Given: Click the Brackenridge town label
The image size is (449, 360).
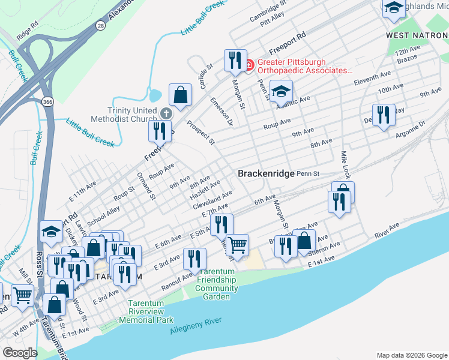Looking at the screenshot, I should pyautogui.click(x=266, y=173).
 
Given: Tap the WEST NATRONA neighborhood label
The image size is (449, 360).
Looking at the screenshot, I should pyautogui.click(x=417, y=36).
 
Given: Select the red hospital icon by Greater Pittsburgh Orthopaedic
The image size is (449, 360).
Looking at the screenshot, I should pyautogui.click(x=252, y=64).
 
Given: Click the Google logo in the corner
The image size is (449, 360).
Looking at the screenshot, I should pyautogui.click(x=20, y=353).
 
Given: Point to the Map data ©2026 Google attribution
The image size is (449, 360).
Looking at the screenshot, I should pyautogui.click(x=411, y=355).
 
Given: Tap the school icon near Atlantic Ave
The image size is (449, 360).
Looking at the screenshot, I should pyautogui.click(x=280, y=92).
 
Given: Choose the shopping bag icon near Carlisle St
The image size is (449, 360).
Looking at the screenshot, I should pyautogui.click(x=180, y=94).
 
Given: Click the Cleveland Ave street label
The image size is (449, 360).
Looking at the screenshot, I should pyautogui.click(x=212, y=200).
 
